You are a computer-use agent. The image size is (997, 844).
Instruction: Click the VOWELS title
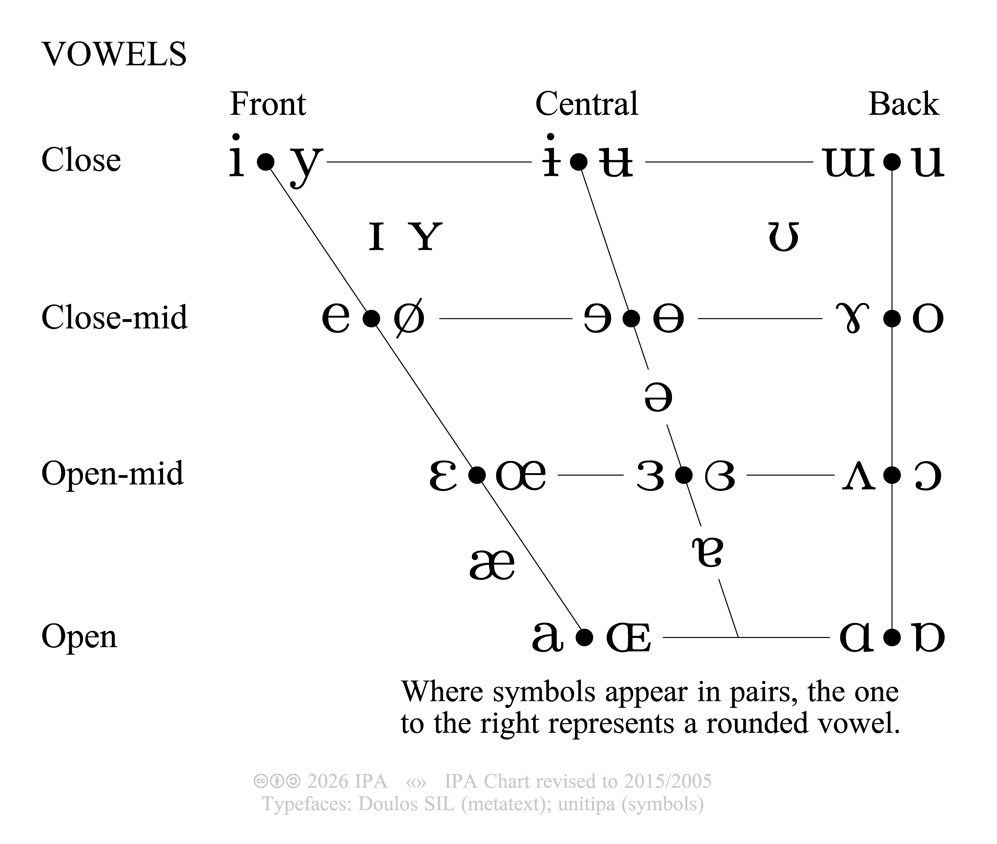point(114,54)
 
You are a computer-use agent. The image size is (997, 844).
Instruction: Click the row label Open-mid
point(112,474)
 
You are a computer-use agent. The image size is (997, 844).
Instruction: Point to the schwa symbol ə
point(658,397)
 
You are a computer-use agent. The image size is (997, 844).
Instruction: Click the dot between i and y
point(266,162)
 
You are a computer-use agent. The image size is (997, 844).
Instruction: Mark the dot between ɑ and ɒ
point(892,637)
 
